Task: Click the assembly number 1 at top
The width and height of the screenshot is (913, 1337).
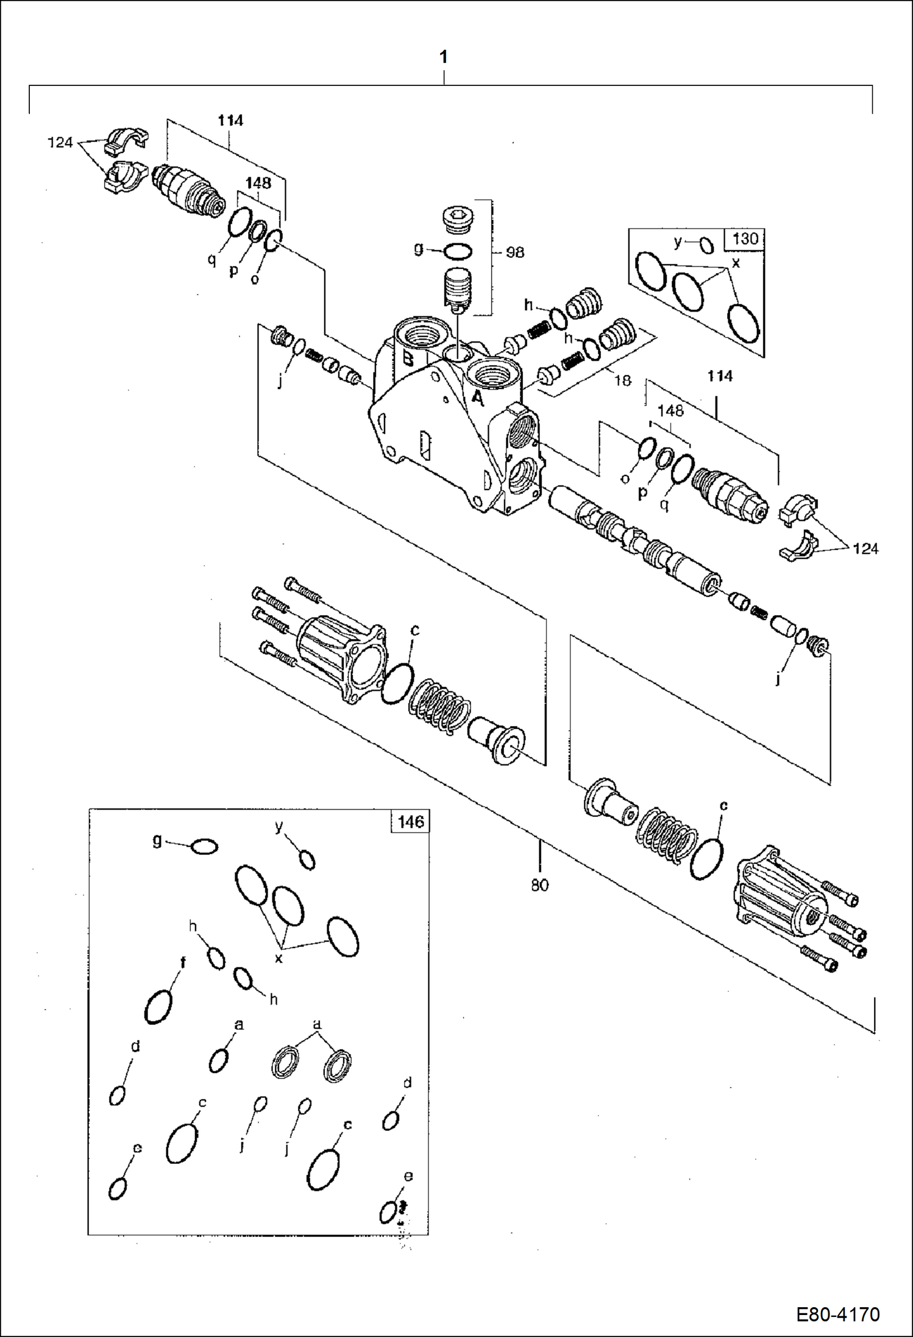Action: coord(444,57)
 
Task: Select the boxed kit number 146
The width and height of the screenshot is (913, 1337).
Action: coord(410,821)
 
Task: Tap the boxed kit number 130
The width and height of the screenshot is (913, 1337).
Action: coord(745,238)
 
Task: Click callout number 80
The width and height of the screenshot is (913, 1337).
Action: coord(539,885)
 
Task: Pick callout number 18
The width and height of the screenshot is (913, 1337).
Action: coord(622,380)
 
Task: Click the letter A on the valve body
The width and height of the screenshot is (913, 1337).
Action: coord(478,398)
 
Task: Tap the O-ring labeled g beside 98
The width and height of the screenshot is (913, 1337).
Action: coord(458,251)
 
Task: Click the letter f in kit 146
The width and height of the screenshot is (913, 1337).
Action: coord(182,963)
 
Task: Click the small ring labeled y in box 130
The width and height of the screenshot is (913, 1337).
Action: coord(706,245)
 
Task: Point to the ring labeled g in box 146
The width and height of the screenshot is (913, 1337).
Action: coord(204,847)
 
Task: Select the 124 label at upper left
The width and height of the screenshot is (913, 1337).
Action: coord(60,143)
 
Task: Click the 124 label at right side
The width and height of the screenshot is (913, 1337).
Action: coord(865,549)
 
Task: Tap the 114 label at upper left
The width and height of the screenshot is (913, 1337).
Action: coord(230,121)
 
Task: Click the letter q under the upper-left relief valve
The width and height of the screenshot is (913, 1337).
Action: coord(211,260)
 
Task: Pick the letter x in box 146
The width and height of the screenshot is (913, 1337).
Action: coord(279,959)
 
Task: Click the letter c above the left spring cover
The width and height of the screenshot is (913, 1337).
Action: coord(415,630)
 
